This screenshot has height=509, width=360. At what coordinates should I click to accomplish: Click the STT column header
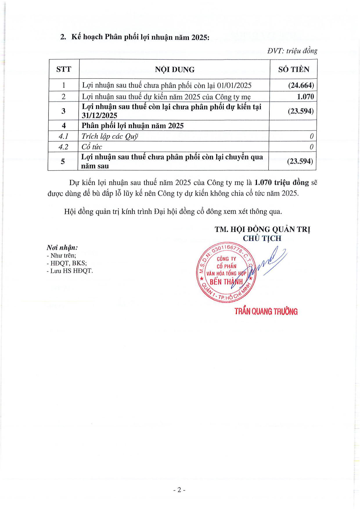(64, 69)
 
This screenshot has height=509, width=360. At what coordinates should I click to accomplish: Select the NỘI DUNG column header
(174, 70)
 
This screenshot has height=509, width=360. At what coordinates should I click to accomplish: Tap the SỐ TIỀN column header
(294, 69)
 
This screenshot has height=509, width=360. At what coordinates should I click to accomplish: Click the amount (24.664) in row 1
(301, 85)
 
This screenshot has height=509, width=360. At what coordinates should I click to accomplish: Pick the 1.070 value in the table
(305, 97)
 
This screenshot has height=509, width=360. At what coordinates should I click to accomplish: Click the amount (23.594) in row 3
(300, 111)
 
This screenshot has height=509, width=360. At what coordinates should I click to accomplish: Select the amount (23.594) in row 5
(300, 161)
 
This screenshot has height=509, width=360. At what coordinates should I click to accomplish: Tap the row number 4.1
(63, 136)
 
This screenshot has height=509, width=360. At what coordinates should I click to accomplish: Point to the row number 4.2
(63, 147)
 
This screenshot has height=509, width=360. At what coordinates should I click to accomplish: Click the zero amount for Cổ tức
(311, 147)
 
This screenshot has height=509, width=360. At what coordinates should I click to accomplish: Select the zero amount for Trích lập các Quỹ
(312, 136)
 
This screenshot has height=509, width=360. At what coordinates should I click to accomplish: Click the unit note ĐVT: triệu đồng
(292, 51)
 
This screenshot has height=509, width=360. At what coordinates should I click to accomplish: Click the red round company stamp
(226, 272)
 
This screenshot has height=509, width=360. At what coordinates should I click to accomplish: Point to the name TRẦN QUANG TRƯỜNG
(266, 312)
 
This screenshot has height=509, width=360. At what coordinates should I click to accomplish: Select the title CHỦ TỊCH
(262, 239)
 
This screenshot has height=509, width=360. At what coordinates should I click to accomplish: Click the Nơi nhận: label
(62, 248)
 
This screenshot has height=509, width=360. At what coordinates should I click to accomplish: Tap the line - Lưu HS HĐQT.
(70, 271)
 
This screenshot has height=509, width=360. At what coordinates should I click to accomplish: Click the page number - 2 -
(179, 490)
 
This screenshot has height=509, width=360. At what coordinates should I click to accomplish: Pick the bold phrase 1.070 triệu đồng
(281, 183)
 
